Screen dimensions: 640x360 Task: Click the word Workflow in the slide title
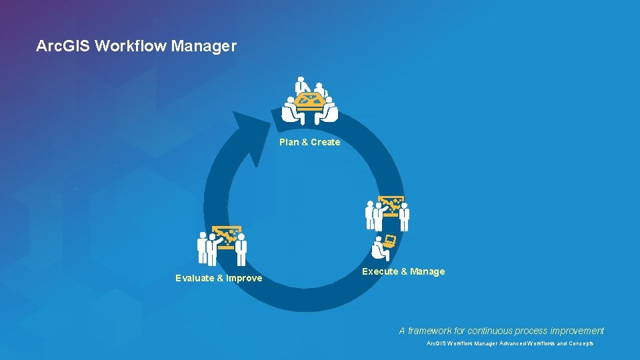tap(131, 47)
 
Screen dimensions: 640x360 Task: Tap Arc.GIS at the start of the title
tap(63, 47)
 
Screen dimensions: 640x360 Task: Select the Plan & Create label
tap(309, 142)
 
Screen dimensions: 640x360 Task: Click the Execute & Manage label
tap(403, 271)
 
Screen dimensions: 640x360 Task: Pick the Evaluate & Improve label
tap(219, 278)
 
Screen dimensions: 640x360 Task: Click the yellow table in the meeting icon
tap(309, 101)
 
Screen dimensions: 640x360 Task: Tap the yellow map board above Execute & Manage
tap(391, 203)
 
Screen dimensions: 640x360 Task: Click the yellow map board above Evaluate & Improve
tap(227, 235)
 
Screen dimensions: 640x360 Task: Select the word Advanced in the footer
tap(506, 344)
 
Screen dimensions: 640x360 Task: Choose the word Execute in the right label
tap(379, 271)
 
